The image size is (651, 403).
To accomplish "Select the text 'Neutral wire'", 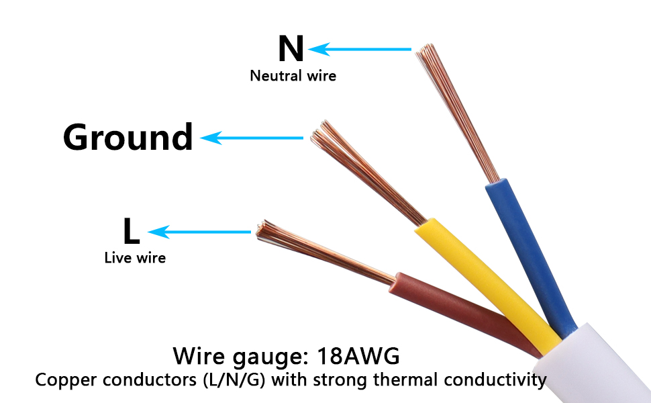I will [x=293, y=76].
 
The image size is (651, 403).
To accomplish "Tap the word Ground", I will [x=128, y=137].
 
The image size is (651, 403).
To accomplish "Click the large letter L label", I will [x=131, y=232].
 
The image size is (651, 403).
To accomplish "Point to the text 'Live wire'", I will [x=135, y=257].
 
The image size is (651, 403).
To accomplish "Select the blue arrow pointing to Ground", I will [x=252, y=138].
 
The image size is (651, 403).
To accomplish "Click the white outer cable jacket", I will [x=604, y=363].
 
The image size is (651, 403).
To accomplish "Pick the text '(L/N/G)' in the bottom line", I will [x=235, y=380].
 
